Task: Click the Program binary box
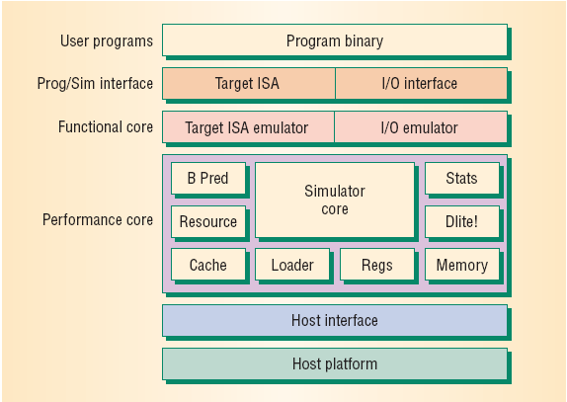coord(335,40)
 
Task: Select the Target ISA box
coord(249,84)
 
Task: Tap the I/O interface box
coord(421,84)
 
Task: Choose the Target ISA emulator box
coord(248,126)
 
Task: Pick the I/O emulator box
coord(421,126)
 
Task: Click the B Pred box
coord(208,178)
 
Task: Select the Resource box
coord(208,221)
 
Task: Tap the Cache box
coord(208,265)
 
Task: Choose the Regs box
coord(377,265)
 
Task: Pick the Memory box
coord(462,265)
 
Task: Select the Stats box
coord(462,178)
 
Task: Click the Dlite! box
coord(462,221)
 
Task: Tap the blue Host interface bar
coord(335,321)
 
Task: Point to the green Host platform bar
coord(335,364)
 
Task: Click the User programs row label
coord(107,41)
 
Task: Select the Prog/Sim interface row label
coord(95,84)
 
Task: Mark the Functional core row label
coord(106,126)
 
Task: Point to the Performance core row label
coord(98,220)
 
